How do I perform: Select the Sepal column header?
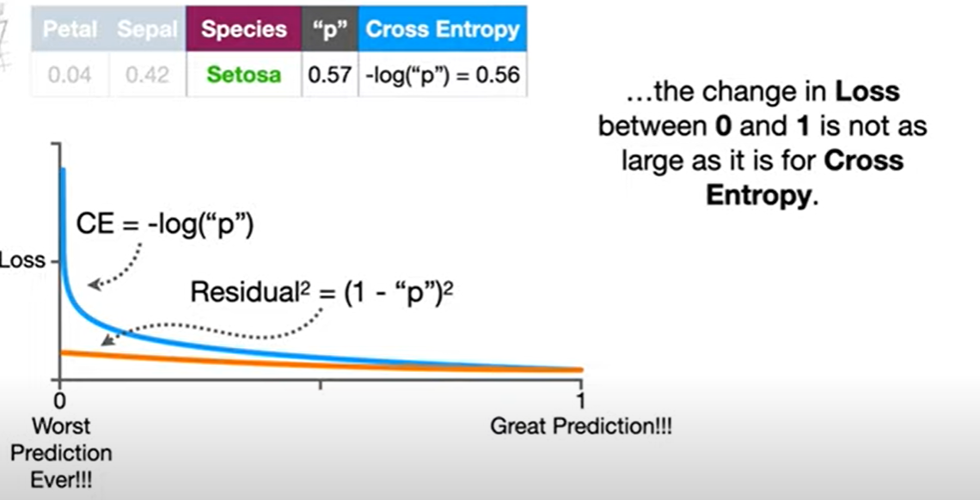(147, 30)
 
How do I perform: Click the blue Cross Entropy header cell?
(442, 30)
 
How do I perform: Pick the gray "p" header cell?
(330, 30)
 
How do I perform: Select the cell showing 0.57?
(330, 75)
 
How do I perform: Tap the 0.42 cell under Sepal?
(147, 75)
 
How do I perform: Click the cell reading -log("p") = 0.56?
(442, 75)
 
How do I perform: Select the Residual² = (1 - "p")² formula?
(322, 292)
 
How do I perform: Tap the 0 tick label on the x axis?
(59, 401)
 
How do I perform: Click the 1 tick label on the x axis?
(580, 401)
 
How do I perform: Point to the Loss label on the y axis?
(21, 259)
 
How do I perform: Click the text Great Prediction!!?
(580, 426)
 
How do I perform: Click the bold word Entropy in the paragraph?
(757, 195)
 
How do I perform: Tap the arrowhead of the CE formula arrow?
(94, 284)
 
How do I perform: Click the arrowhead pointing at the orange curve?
(107, 342)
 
